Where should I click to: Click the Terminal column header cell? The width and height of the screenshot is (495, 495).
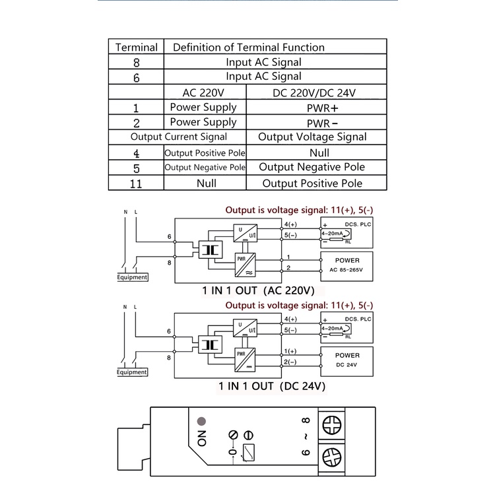point(137,48)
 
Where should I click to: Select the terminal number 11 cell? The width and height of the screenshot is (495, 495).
point(137,183)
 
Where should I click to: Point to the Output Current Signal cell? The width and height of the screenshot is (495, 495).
point(178,137)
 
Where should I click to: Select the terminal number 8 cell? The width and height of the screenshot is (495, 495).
point(137,63)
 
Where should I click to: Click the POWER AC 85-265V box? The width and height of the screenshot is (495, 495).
point(346,266)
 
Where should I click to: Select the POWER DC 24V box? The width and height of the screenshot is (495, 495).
point(346,360)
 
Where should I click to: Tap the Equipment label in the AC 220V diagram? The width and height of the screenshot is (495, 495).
point(132,277)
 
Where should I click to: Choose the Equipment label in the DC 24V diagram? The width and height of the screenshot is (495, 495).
point(132,372)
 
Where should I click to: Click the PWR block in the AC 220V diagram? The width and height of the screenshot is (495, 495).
point(242,264)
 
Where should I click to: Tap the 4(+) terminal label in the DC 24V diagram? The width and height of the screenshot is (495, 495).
point(291,319)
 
